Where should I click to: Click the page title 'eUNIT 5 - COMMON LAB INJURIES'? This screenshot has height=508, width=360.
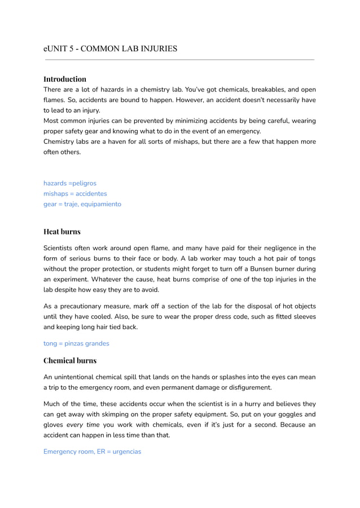coord(111,48)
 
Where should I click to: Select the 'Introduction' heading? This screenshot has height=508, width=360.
coord(65,79)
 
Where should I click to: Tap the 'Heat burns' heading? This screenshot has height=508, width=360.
coord(62,232)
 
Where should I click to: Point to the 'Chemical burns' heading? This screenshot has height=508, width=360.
coord(70,360)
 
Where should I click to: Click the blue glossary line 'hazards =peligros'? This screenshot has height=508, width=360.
coord(70,183)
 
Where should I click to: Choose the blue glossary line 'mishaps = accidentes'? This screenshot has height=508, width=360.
coord(75,193)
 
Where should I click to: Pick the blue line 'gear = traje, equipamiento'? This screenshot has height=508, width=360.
coord(82,204)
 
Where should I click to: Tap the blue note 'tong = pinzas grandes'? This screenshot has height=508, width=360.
coord(76,343)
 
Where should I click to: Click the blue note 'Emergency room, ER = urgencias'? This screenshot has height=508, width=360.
coord(92,452)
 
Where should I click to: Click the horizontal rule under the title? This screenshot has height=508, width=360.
coord(179,59)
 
